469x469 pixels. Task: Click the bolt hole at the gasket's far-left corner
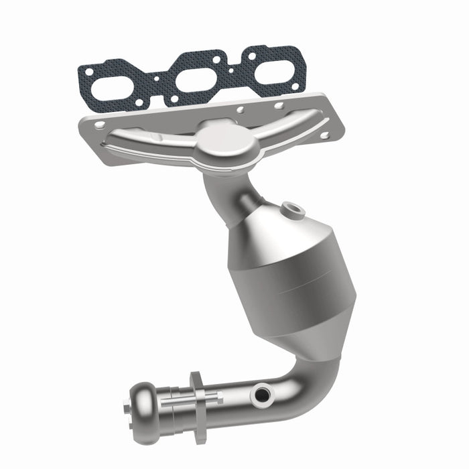coord(87,70)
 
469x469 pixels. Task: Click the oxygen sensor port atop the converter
coord(293,210)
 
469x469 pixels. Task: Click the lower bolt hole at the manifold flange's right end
coord(324,135)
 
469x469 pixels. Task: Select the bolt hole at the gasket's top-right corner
coord(292,50)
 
